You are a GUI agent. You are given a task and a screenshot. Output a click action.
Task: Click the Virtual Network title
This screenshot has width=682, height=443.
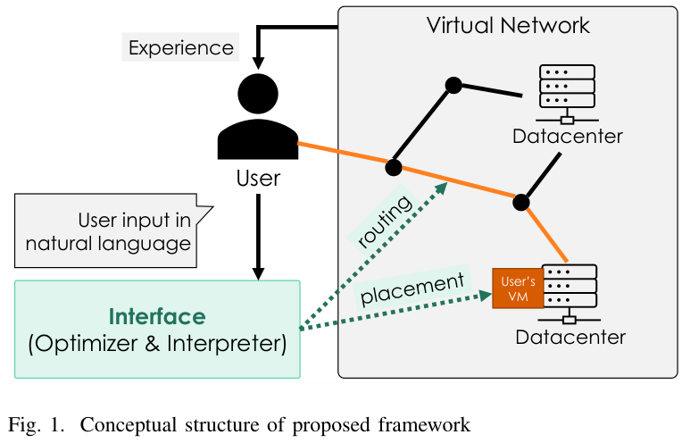click(508, 25)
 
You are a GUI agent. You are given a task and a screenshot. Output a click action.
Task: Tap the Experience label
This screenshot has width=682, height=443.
click(181, 47)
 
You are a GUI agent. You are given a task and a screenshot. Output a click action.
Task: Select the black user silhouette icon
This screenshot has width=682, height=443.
click(257, 117)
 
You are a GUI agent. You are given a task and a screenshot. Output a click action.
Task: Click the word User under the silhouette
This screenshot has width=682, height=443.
click(257, 178)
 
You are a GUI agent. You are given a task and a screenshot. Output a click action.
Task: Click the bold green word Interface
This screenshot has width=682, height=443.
click(157, 316)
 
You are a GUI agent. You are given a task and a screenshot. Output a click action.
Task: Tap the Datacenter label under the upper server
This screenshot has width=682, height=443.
click(567, 137)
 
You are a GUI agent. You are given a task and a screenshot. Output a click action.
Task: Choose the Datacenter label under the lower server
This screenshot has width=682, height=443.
click(570, 337)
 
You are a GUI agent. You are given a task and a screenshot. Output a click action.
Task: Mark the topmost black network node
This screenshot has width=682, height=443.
click(453, 85)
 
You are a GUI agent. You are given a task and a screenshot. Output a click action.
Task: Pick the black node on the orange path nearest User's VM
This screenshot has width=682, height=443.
click(521, 202)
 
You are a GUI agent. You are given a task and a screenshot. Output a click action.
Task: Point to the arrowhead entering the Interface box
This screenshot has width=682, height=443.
click(257, 272)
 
